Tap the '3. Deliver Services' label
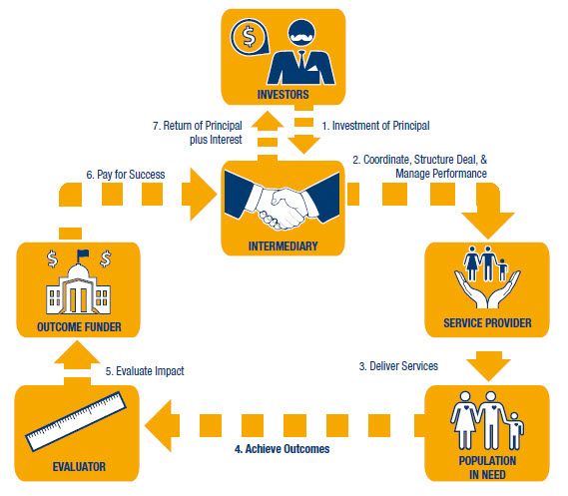point(397,366)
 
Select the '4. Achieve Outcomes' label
point(282,449)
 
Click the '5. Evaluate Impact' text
point(147,371)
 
